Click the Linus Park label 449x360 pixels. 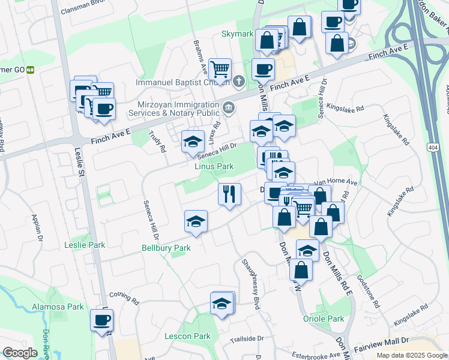click(214, 166)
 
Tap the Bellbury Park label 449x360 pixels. click(166, 248)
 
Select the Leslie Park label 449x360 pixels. click(85, 245)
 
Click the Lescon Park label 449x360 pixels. click(187, 337)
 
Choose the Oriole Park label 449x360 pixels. click(324, 319)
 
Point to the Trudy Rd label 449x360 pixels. click(157, 142)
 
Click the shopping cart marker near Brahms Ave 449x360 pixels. click(220, 70)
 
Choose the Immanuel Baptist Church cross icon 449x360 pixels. click(239, 82)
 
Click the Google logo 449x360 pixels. click(20, 353)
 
